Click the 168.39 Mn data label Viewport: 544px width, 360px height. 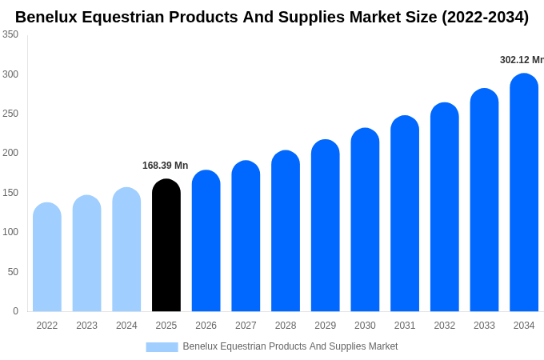pos(165,166)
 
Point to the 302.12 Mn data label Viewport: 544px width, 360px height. pos(521,60)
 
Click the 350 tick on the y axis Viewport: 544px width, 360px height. pos(10,34)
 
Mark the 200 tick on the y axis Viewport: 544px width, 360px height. pos(10,153)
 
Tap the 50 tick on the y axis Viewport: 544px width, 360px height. pos(13,272)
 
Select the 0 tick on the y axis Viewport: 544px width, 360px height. pos(15,311)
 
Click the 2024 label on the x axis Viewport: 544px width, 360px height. pos(126,326)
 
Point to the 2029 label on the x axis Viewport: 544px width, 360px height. pos(325,326)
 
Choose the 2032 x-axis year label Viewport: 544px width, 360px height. pos(445,326)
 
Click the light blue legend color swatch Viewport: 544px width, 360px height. pos(162,347)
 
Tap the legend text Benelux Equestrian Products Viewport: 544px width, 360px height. pos(290,346)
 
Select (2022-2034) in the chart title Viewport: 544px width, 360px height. pos(485,17)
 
